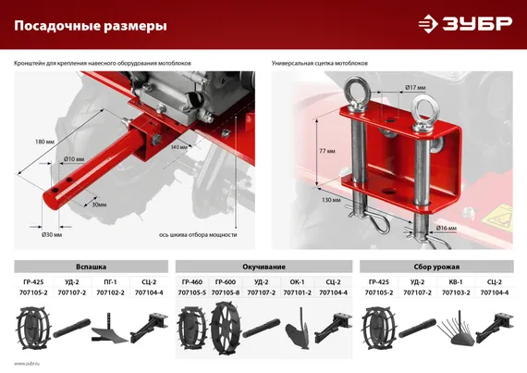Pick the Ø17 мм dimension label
[415, 88]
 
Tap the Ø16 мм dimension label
[446, 227]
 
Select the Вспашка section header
[90, 265]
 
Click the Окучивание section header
[263, 265]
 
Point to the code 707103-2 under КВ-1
[455, 292]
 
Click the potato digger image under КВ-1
[455, 329]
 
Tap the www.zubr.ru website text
[27, 364]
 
